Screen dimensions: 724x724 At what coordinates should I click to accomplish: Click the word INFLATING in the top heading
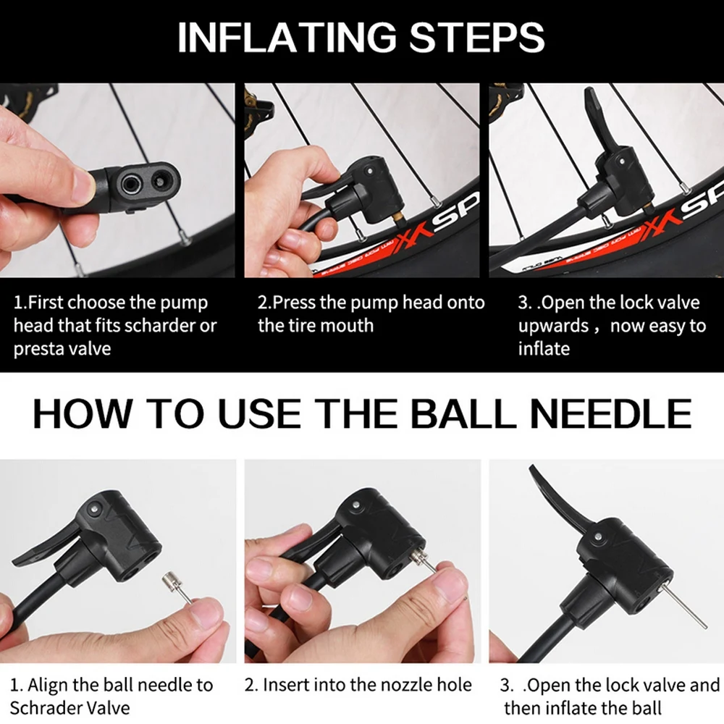[x=287, y=37]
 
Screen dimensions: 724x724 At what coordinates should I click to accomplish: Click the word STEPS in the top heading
[x=477, y=37]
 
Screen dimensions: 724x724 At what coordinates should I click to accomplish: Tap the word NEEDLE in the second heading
[x=611, y=413]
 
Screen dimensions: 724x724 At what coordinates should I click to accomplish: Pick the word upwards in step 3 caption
[x=553, y=327]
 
